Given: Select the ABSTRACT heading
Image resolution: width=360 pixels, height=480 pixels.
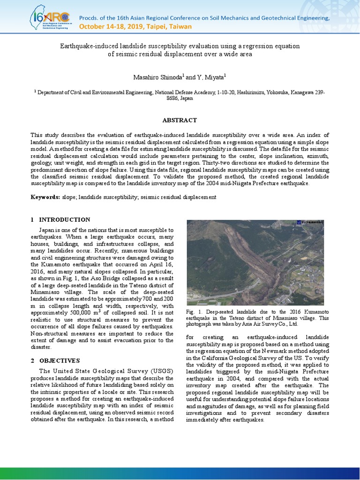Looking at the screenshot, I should (180, 120).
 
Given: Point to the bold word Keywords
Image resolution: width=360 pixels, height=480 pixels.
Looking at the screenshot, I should (45, 197).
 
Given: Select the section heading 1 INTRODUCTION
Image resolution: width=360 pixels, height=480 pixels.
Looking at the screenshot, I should (60, 219).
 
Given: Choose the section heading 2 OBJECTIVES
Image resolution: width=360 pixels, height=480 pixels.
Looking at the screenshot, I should (55, 360).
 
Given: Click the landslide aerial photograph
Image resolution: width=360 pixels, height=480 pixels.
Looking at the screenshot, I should (255, 262).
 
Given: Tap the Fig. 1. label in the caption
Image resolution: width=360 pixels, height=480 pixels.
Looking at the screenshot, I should (193, 311).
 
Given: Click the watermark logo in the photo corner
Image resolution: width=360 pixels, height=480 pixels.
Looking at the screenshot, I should (309, 223).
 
